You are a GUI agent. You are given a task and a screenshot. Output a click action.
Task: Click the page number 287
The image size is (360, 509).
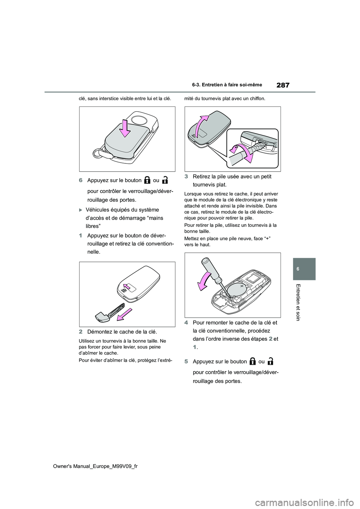pyautogui.click(x=282, y=85)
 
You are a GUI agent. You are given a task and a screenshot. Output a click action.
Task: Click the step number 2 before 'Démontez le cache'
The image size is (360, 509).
pyautogui.click(x=81, y=332)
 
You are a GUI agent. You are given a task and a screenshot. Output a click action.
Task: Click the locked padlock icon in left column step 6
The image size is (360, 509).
pyautogui.click(x=147, y=180)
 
